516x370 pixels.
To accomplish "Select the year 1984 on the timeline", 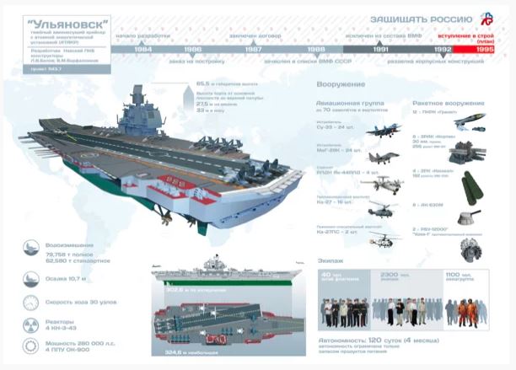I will pyautogui.click(x=143, y=50).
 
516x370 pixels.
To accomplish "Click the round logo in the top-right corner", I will pyautogui.click(x=486, y=19).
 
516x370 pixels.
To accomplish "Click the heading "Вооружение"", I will pyautogui.click(x=340, y=84).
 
